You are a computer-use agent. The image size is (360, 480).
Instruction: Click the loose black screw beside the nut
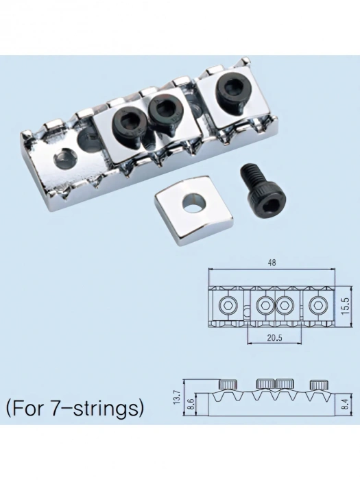pyautogui.click(x=263, y=190)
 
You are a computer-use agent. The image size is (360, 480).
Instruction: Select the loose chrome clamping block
pyautogui.click(x=193, y=210)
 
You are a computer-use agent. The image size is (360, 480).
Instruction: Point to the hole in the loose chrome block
pyautogui.click(x=193, y=204)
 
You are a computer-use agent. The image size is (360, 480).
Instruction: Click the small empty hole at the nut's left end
pyautogui.click(x=64, y=158)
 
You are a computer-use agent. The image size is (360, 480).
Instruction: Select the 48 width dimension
pyautogui.click(x=272, y=263)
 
